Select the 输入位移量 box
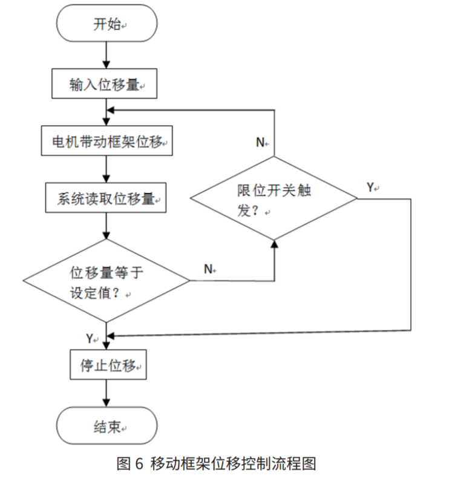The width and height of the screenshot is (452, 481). [x=105, y=84]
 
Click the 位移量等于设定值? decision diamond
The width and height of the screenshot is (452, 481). [x=106, y=282]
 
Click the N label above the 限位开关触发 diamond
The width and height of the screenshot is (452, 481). [x=260, y=143]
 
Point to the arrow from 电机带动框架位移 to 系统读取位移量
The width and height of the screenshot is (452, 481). [x=106, y=170]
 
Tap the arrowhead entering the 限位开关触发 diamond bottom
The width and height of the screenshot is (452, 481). [x=274, y=243]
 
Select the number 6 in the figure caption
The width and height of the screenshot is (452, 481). [x=137, y=464]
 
